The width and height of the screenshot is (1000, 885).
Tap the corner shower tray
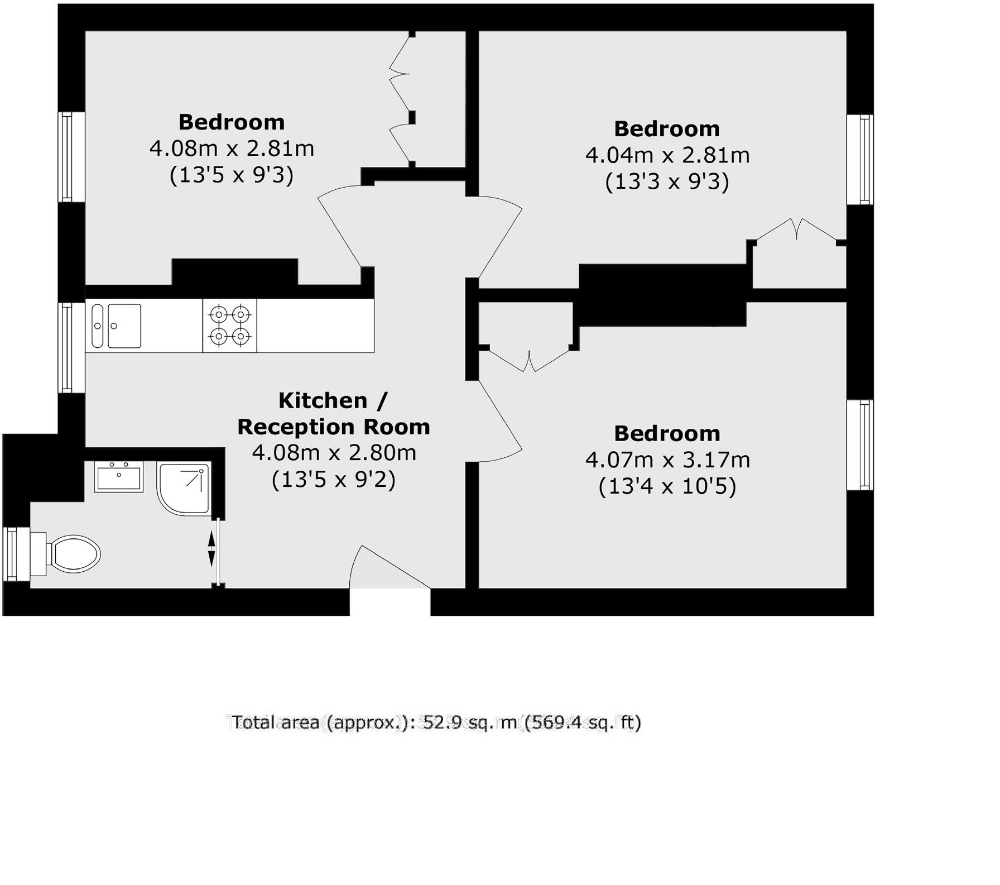tap(183, 488)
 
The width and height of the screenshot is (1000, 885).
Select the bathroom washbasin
tap(118, 476)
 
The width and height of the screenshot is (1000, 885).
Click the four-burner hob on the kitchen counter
tap(229, 326)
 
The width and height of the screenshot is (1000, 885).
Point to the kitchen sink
tap(117, 326)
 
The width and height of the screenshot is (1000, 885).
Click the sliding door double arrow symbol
tap(211, 549)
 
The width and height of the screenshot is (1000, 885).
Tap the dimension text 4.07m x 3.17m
tap(667, 460)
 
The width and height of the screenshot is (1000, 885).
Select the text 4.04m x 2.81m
tap(667, 155)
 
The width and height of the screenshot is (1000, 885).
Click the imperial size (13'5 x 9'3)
tap(232, 175)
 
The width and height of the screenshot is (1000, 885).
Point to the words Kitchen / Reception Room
tap(334, 414)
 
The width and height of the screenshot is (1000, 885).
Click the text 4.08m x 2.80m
tap(334, 453)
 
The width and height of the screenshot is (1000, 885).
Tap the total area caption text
tap(436, 723)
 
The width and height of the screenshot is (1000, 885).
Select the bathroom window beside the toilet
tap(11, 554)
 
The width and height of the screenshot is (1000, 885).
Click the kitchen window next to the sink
tap(66, 347)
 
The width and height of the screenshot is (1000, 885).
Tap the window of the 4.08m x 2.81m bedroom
tap(66, 157)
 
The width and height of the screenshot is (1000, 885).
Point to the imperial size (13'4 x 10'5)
tap(667, 487)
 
